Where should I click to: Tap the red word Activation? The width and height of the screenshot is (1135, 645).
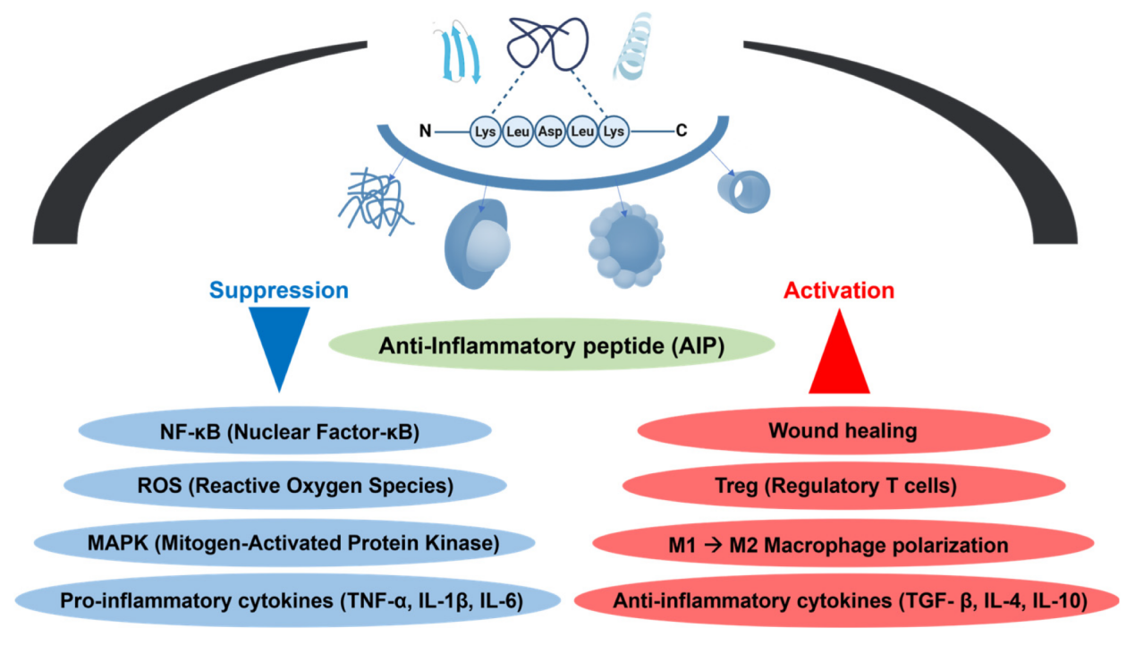click(838, 290)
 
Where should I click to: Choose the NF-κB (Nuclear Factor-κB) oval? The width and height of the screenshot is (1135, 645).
click(285, 431)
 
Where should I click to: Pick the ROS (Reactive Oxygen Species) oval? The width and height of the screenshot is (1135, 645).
click(285, 487)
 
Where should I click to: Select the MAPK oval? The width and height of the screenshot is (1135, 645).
click(285, 543)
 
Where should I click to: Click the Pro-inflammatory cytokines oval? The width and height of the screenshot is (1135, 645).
click(285, 598)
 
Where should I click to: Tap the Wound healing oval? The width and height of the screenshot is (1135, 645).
click(843, 431)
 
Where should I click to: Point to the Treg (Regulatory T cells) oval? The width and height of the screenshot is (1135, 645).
click(843, 487)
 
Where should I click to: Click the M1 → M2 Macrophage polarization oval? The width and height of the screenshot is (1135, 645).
click(843, 544)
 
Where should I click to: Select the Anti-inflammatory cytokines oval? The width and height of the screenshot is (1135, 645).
click(843, 600)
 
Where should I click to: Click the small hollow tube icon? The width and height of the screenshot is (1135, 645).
click(743, 188)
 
